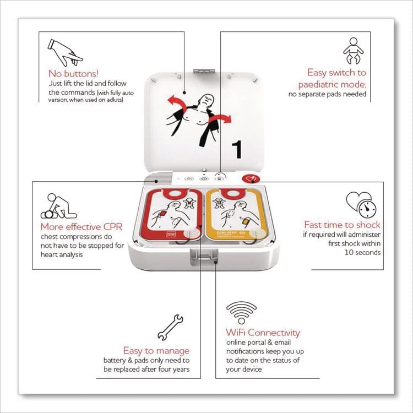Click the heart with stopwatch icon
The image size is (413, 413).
358,205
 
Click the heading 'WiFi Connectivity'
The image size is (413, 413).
263,333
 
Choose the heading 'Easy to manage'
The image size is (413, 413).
156,350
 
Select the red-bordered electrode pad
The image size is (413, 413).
172,215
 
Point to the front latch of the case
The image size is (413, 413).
202,257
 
